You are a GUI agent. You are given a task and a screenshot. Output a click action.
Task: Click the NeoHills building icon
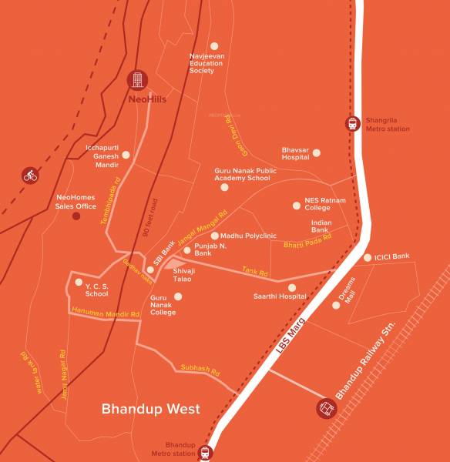coord(137,80)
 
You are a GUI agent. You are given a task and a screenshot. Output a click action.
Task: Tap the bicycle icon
coord(30,176)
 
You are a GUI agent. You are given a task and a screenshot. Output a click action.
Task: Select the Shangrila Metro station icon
coord(352,124)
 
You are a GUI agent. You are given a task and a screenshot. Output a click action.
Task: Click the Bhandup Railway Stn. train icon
coord(327,408)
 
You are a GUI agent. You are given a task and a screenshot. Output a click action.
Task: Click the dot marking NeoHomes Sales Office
coord(76,216)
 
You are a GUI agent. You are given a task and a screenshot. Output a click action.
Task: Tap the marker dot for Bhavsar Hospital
coord(317,152)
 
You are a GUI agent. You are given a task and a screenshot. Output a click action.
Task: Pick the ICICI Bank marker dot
coord(368,257)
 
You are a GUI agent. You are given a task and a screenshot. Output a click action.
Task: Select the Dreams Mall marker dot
coord(336,305)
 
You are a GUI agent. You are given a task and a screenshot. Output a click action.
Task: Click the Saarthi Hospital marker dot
coord(292,287)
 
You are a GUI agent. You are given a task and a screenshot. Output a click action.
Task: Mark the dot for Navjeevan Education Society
coord(214,46)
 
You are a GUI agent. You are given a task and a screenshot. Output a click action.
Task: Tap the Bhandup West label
coord(150,409)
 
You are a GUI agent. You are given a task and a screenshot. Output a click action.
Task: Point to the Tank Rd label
coord(254,272)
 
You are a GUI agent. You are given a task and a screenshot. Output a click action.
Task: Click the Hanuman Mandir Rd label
coord(104,313)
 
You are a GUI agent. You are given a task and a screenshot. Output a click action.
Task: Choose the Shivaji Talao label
coord(183,274)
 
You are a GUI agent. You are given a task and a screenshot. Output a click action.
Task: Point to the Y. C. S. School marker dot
coord(78,282)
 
